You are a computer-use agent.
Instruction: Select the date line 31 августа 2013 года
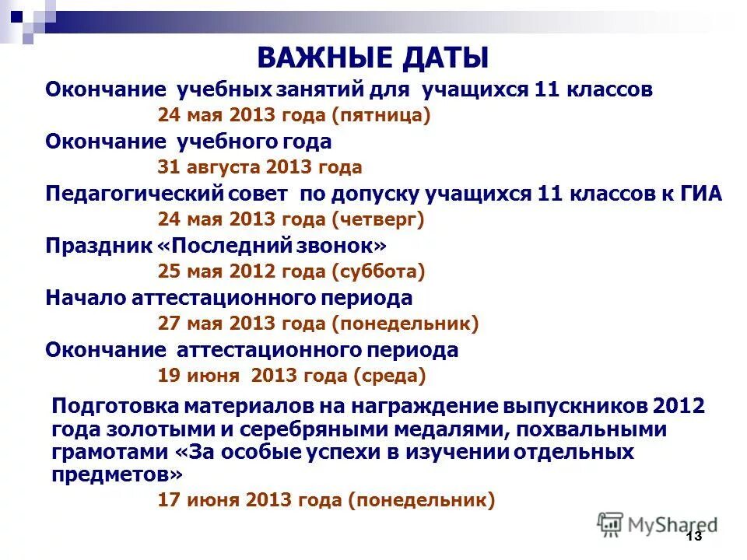pyautogui.click(x=260, y=167)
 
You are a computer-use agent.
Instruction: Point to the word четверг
pyautogui.click(x=378, y=220)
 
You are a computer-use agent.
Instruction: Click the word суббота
pyautogui.click(x=378, y=272)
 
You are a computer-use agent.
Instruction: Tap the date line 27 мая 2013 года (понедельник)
pyautogui.click(x=317, y=324)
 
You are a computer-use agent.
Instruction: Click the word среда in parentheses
pyautogui.click(x=389, y=376)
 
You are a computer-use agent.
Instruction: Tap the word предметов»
pyautogui.click(x=119, y=474)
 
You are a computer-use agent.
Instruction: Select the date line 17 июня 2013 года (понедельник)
pyautogui.click(x=326, y=501)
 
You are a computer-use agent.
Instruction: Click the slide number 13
pyautogui.click(x=694, y=537)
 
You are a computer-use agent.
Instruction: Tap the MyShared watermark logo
pyautogui.click(x=657, y=524)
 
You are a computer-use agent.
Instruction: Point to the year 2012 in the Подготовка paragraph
pyautogui.click(x=679, y=407)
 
